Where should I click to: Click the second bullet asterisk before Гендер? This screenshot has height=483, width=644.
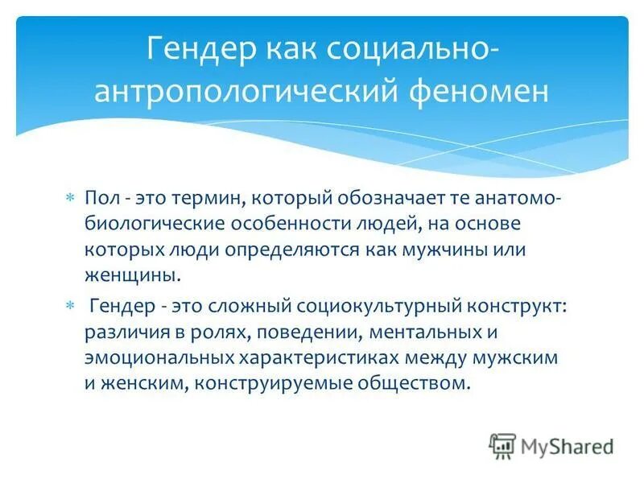coord(70,305)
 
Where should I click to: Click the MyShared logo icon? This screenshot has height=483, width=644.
coord(502,445)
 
